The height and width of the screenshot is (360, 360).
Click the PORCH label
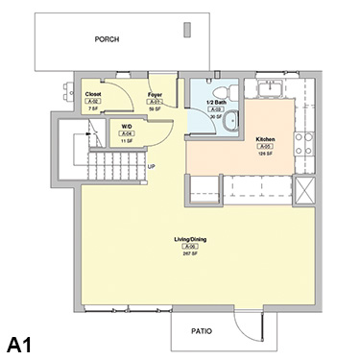coord(108,40)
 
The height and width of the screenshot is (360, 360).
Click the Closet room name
coord(93,94)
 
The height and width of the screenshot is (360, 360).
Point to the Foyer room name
coord(155,94)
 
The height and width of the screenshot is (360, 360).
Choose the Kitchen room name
coord(265,138)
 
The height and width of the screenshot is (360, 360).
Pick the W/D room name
coord(127,126)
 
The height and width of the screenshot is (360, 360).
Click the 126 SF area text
coord(265,153)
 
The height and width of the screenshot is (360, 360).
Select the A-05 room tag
coord(265,146)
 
